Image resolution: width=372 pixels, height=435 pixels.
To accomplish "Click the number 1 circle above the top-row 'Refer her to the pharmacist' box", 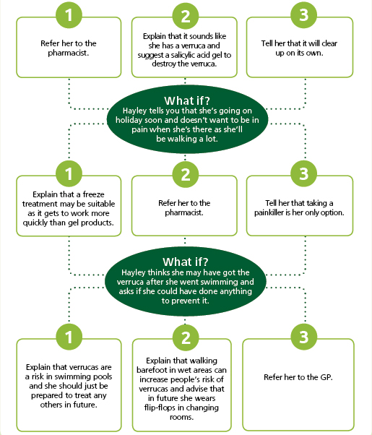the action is point(69,14).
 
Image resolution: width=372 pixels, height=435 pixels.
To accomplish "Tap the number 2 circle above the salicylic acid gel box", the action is point(186,16).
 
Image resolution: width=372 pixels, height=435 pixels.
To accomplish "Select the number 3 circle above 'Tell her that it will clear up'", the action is point(304,14).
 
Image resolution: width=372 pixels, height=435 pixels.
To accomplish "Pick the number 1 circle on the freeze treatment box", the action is point(69,173).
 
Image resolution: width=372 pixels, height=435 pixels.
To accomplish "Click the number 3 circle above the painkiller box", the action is point(304,173).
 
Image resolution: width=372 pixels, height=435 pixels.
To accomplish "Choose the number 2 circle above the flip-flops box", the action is point(186,337).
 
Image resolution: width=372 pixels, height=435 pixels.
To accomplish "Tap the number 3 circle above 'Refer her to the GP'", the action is point(304,337).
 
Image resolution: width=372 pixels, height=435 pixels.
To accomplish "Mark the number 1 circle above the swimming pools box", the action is point(69,337).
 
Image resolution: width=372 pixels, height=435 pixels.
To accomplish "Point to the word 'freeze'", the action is point(93,194).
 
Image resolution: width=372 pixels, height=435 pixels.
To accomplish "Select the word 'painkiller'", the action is point(269,212).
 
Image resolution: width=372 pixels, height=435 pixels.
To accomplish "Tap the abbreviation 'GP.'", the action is point(326,377).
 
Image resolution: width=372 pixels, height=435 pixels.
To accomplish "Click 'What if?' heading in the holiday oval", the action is point(187,100).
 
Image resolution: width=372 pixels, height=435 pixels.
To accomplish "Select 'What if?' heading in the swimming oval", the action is point(186,262).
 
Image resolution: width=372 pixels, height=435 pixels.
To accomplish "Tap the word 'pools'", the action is point(101,376).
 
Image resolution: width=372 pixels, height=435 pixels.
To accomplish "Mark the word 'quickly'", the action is point(35,223).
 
